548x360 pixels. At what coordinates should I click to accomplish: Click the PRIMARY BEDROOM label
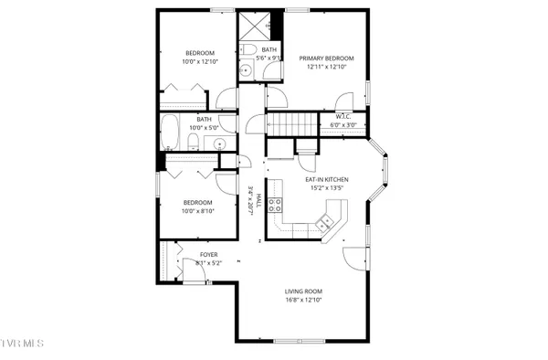click(326, 58)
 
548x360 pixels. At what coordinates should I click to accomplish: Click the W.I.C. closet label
click(342, 116)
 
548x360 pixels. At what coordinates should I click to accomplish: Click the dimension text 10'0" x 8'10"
click(198, 211)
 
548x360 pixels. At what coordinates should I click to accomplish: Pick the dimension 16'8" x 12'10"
click(302, 300)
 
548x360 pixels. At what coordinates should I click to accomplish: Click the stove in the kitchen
click(272, 206)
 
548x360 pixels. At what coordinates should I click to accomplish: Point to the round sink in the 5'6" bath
click(246, 70)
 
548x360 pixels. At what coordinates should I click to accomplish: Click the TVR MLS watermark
click(22, 344)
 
